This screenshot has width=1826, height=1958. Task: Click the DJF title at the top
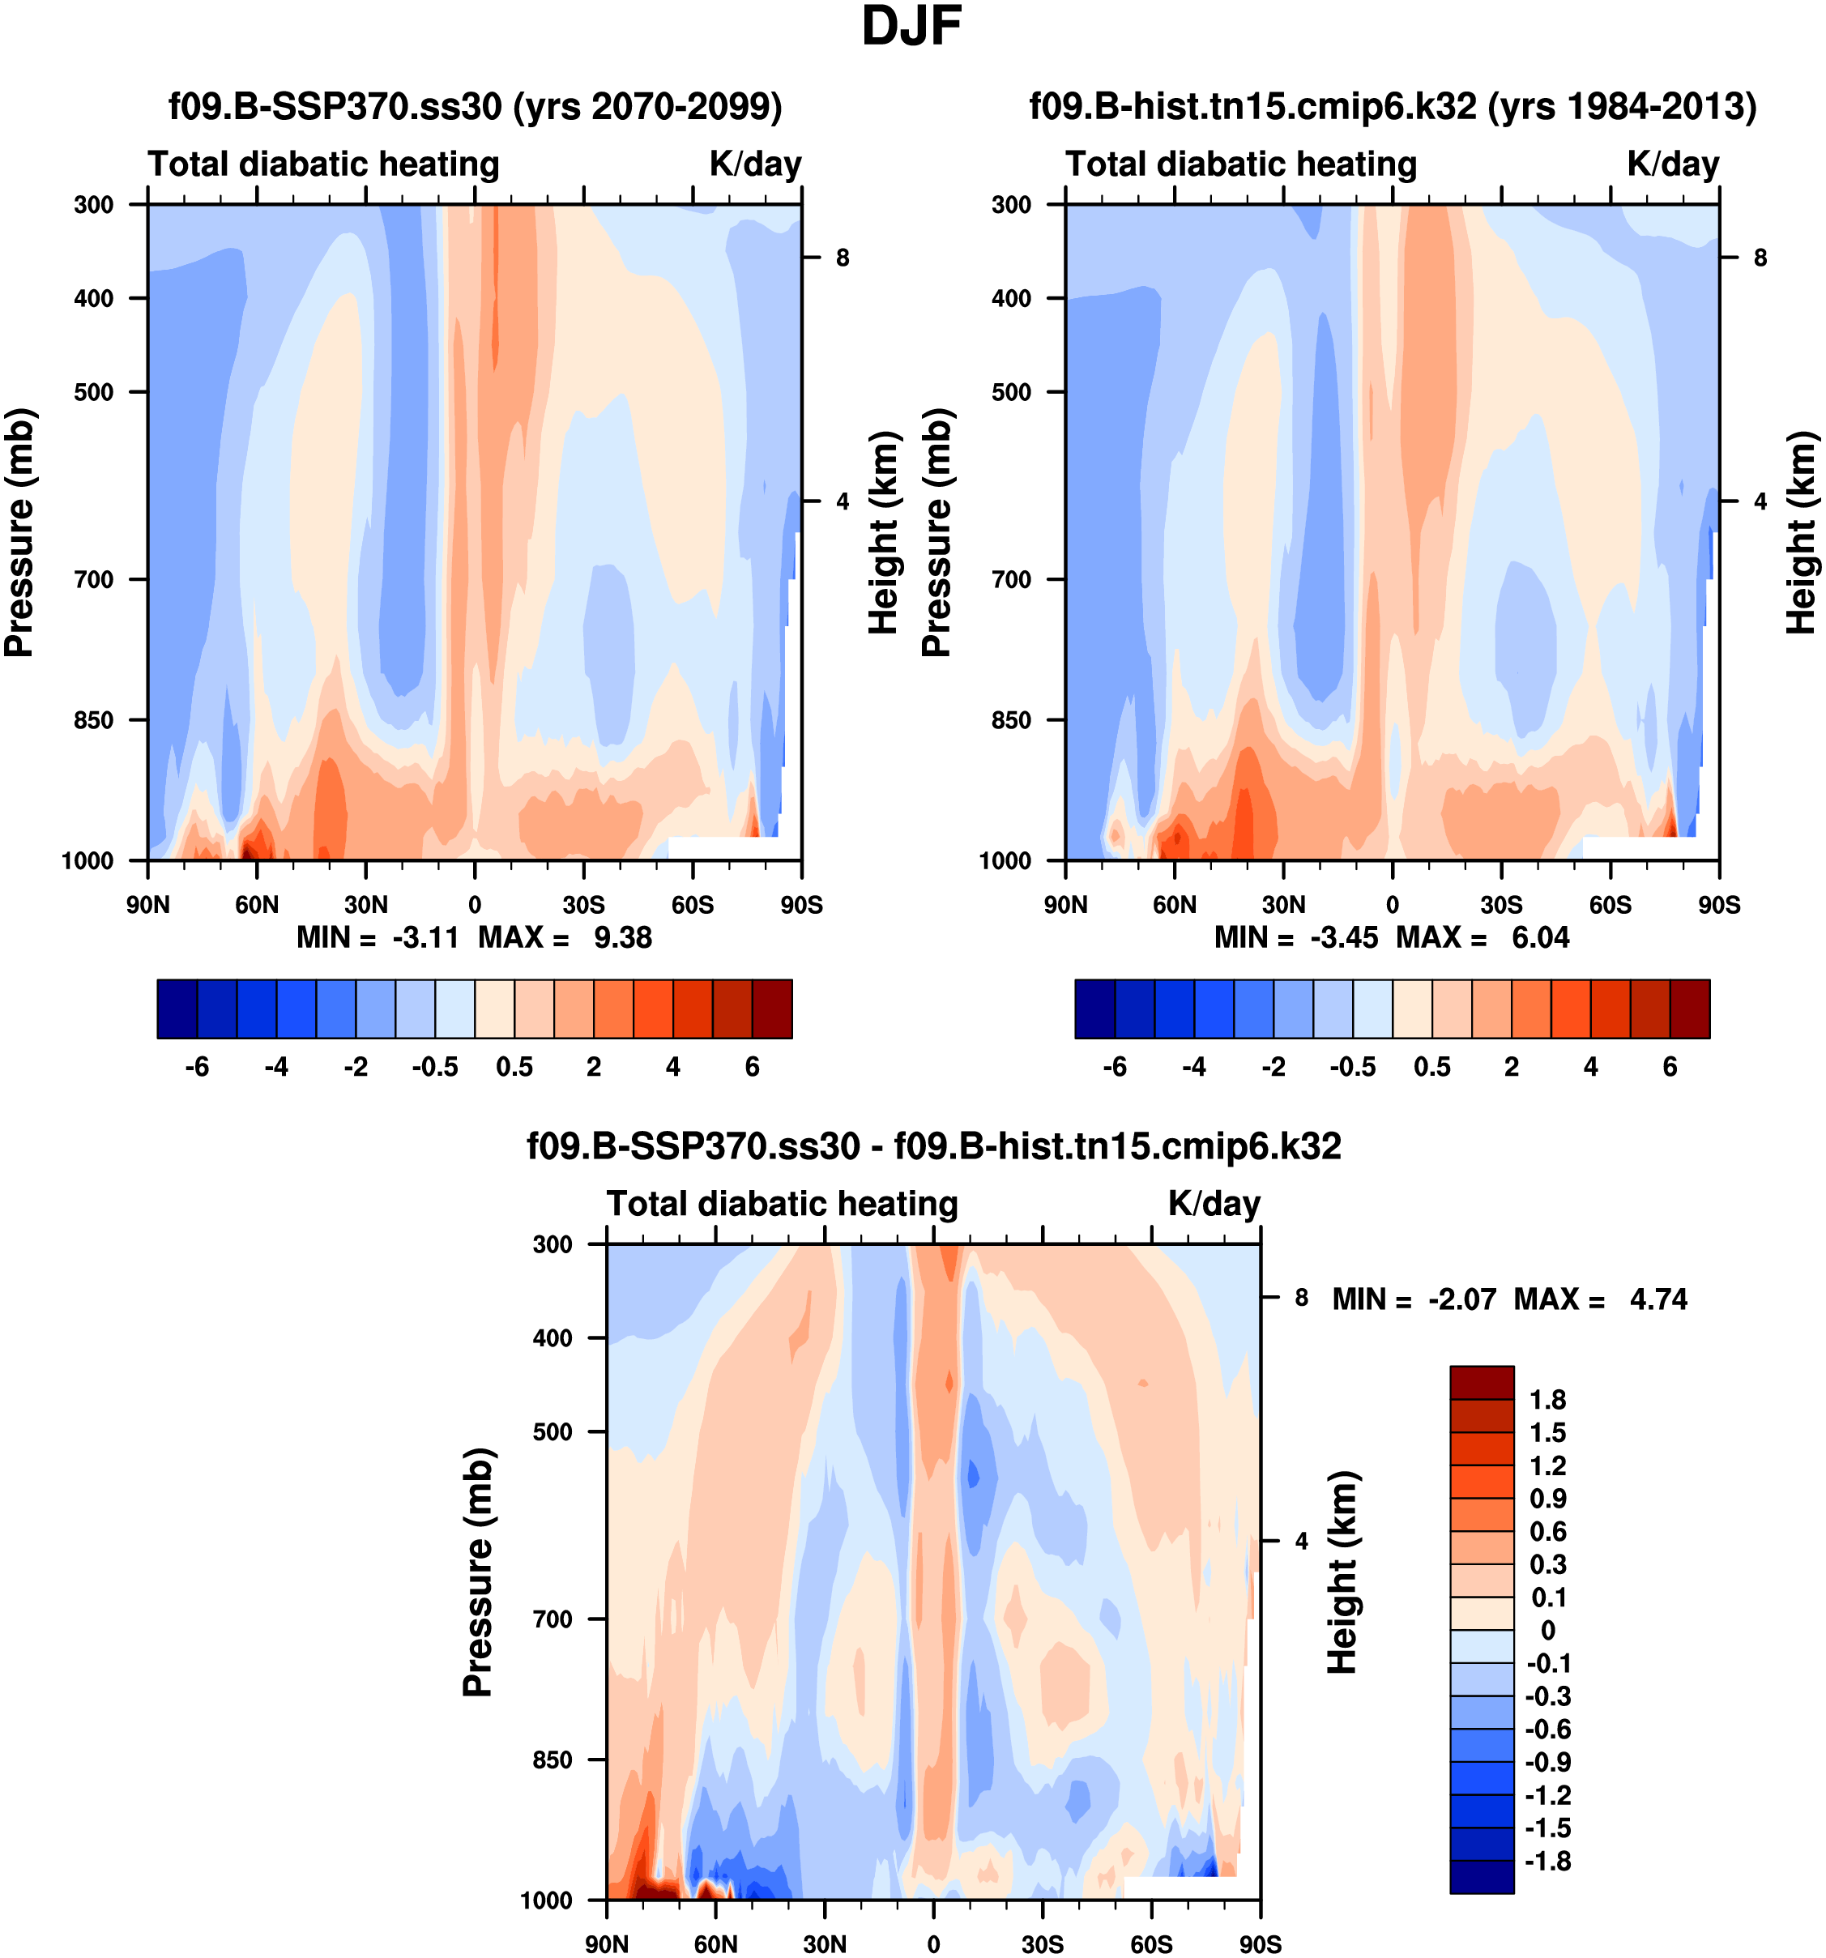click(911, 27)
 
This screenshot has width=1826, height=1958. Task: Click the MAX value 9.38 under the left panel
click(622, 936)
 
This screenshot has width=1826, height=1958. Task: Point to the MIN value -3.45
click(1343, 936)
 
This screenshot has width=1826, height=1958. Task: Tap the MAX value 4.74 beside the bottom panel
click(1658, 1299)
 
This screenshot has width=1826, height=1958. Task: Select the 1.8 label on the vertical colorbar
click(1547, 1400)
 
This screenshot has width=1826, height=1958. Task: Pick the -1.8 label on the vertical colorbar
click(1547, 1862)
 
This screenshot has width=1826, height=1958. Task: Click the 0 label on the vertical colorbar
click(1547, 1631)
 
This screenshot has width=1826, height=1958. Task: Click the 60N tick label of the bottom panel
click(715, 1944)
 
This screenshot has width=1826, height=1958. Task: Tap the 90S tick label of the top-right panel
click(1718, 904)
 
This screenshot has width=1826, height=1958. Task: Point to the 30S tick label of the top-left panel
click(583, 904)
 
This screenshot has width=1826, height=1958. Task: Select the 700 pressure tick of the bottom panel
click(552, 1619)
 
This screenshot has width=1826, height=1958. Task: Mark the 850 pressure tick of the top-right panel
click(1012, 720)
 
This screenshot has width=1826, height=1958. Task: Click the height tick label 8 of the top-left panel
click(842, 258)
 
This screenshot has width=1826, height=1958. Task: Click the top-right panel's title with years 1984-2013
click(1393, 105)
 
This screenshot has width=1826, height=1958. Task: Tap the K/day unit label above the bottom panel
click(1214, 1204)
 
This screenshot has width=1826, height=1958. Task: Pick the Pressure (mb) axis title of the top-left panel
click(19, 532)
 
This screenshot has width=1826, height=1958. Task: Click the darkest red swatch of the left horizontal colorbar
click(772, 1009)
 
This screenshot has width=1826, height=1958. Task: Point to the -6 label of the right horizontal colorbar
click(1115, 1067)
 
